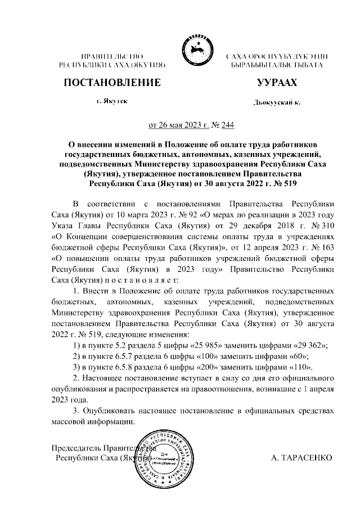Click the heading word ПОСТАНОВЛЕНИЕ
click(112, 83)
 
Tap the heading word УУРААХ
click(276, 83)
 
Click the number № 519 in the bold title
click(284, 183)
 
